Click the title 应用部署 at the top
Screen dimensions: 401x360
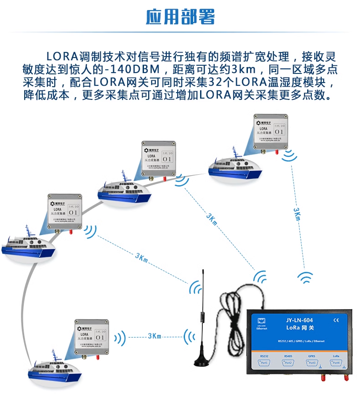[180, 17]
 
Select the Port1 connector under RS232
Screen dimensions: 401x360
[264, 363]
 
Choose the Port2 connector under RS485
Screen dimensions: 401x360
[288, 363]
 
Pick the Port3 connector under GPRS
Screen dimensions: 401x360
[312, 363]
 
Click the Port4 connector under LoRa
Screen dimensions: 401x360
[336, 363]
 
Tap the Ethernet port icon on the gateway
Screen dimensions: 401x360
[262, 320]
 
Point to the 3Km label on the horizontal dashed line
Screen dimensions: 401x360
[154, 336]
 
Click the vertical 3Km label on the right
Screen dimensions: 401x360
[297, 214]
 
